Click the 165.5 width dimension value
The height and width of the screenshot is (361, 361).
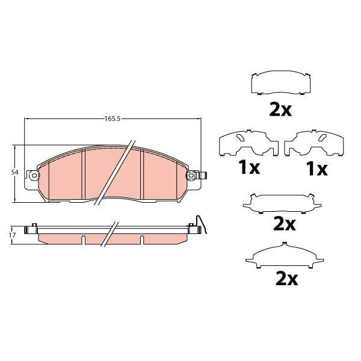[113, 119]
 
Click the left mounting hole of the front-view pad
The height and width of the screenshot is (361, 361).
[34, 175]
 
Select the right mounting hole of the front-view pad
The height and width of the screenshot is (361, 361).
[192, 175]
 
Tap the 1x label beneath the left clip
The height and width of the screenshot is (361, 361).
[248, 169]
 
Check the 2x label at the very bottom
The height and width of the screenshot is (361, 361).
[286, 279]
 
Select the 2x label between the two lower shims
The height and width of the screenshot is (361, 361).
[285, 224]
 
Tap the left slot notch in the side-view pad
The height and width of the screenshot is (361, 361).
[85, 240]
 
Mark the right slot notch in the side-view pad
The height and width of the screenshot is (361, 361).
[141, 240]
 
